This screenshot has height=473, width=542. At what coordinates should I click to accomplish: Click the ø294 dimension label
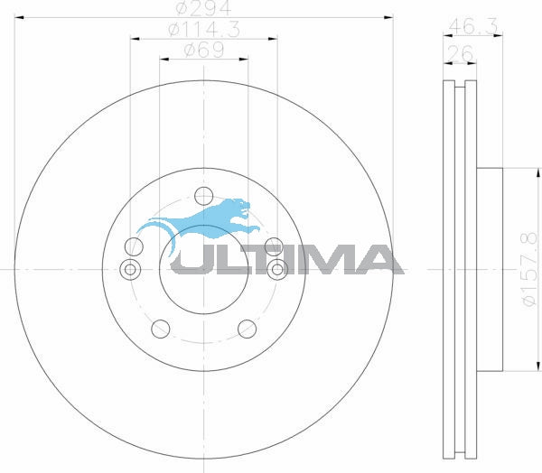(203, 7)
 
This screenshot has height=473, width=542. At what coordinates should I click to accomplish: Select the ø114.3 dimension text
(204, 30)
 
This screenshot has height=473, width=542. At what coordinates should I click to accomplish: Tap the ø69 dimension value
(204, 51)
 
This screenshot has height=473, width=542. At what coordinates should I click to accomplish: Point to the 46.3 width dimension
(473, 26)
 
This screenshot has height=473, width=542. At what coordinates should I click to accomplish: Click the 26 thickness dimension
(460, 53)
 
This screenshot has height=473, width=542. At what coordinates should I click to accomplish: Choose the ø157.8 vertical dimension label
(529, 269)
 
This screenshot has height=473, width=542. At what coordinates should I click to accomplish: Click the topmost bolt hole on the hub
(203, 196)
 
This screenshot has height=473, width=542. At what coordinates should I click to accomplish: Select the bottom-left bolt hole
(161, 329)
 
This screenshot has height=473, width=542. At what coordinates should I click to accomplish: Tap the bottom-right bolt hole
(247, 329)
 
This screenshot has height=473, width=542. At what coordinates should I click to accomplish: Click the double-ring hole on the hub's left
(130, 269)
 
